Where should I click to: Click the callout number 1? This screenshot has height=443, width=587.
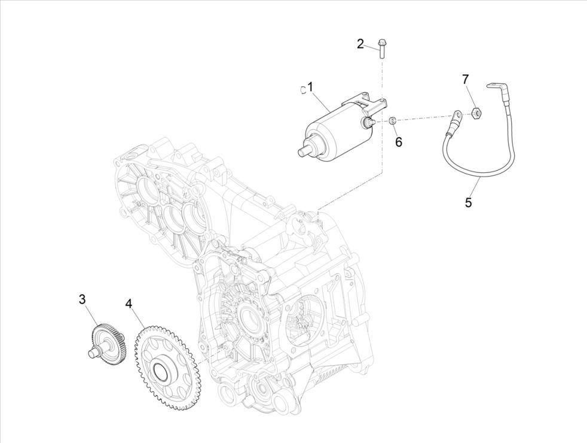click(x=310, y=87)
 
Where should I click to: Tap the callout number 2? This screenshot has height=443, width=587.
click(x=360, y=43)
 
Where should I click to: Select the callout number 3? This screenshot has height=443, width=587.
click(x=82, y=299)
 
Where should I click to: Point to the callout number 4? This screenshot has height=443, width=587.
click(x=129, y=304)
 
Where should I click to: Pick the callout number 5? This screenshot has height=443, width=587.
click(x=468, y=202)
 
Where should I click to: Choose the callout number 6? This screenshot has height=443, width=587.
click(x=398, y=141)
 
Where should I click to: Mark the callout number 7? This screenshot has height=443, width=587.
click(x=465, y=79)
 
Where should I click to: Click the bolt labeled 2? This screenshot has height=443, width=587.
click(x=381, y=47)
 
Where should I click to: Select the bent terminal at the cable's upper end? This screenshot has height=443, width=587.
click(x=496, y=88)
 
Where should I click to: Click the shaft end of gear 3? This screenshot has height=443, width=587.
click(x=92, y=353)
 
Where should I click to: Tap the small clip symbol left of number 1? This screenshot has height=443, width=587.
click(x=303, y=90)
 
